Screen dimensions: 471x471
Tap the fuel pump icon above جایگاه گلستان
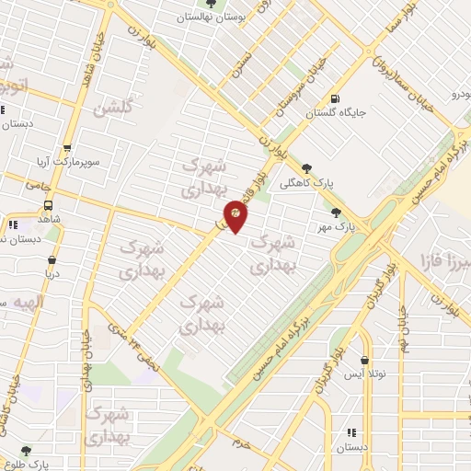332,99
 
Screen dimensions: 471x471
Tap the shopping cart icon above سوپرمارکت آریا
66,148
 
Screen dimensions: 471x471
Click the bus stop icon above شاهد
47,206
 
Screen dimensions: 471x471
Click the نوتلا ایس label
365,374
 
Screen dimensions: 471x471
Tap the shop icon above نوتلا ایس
366,361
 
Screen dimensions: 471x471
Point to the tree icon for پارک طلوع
25,451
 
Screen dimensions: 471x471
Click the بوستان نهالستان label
213,16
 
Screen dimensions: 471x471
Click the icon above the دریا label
51,260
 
